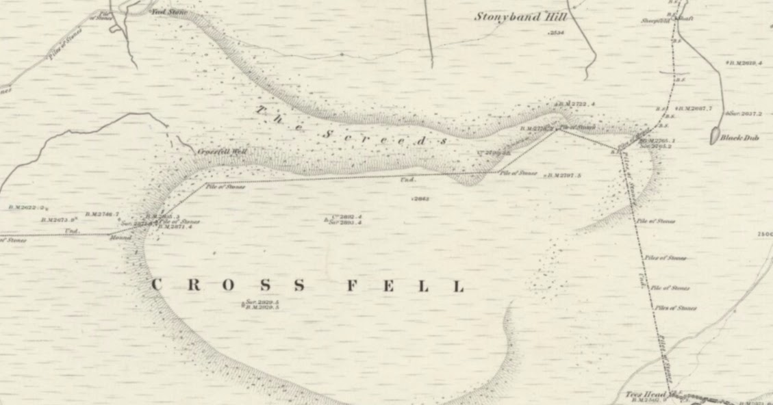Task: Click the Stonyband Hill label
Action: point(518,17)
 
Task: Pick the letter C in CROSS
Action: point(157,285)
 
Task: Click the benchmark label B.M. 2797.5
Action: point(563,176)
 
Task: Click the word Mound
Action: point(121,238)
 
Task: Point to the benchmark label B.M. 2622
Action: point(27,207)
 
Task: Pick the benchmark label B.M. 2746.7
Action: point(103,214)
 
